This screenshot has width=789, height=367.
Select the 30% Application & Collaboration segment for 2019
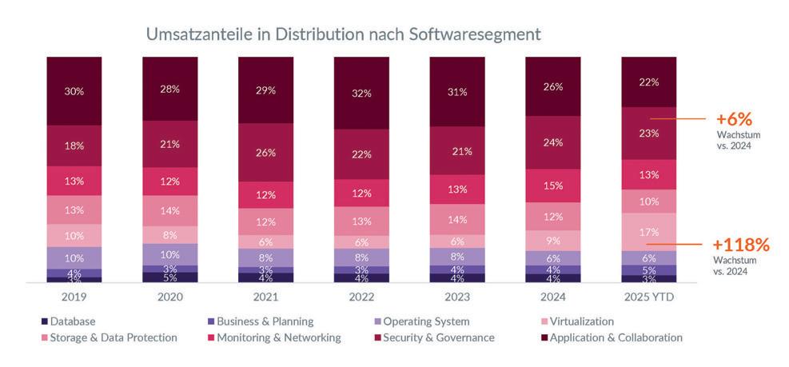[x=74, y=90]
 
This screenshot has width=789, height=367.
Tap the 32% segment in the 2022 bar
[x=361, y=93]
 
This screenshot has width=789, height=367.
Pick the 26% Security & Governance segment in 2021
[x=265, y=152]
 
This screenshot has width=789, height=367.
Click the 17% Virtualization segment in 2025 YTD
[x=649, y=232]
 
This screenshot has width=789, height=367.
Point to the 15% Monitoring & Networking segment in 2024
[x=553, y=185]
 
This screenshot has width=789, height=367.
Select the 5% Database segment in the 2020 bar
[x=169, y=277]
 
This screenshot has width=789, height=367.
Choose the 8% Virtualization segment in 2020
[x=169, y=235]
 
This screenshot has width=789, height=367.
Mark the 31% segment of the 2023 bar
[x=457, y=91]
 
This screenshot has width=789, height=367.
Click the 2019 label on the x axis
[x=74, y=297]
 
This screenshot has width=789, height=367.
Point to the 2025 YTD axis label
[x=649, y=297]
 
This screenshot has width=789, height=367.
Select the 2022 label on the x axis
[x=361, y=297]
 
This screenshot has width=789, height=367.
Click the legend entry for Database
[x=67, y=321]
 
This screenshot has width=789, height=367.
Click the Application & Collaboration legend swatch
[x=544, y=337]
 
